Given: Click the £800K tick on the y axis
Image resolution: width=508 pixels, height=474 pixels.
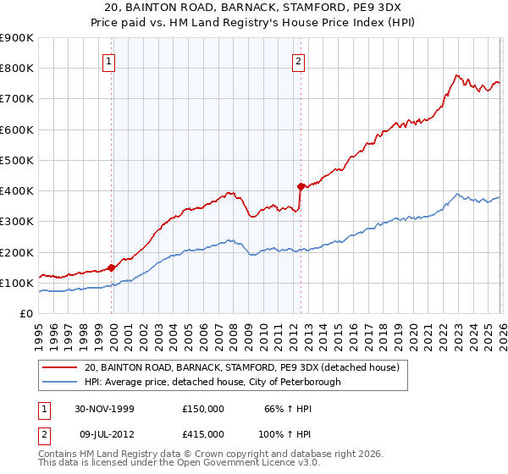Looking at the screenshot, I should [17, 69].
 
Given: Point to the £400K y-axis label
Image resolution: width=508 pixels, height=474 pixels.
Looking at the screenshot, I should [17, 191].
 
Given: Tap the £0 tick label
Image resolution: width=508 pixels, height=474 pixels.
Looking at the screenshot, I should [25, 314].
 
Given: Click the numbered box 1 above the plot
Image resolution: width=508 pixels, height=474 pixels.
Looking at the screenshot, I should [111, 60].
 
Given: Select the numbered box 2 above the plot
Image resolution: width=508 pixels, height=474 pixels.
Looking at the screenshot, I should [299, 60].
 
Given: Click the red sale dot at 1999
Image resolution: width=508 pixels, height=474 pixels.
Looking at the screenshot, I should [112, 267].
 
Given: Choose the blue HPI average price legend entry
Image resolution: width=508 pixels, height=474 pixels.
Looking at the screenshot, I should [213, 382].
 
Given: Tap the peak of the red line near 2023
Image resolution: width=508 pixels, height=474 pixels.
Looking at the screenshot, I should [456, 75].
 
